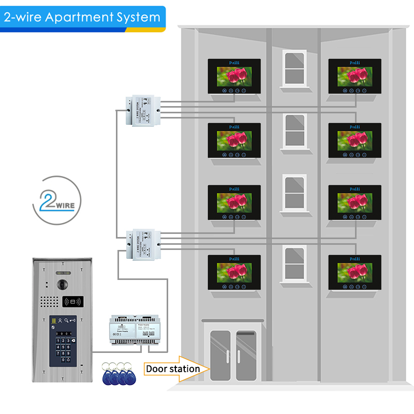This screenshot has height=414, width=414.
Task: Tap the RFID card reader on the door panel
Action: (72, 301)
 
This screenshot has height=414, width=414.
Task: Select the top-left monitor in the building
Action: (234, 76)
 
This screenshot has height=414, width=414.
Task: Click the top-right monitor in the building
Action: (354, 76)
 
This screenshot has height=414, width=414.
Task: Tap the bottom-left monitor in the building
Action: (234, 272)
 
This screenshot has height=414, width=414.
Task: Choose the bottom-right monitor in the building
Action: (354, 272)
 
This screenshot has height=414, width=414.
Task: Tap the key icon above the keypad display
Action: (72, 321)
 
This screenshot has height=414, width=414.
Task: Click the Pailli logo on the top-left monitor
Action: (234, 63)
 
